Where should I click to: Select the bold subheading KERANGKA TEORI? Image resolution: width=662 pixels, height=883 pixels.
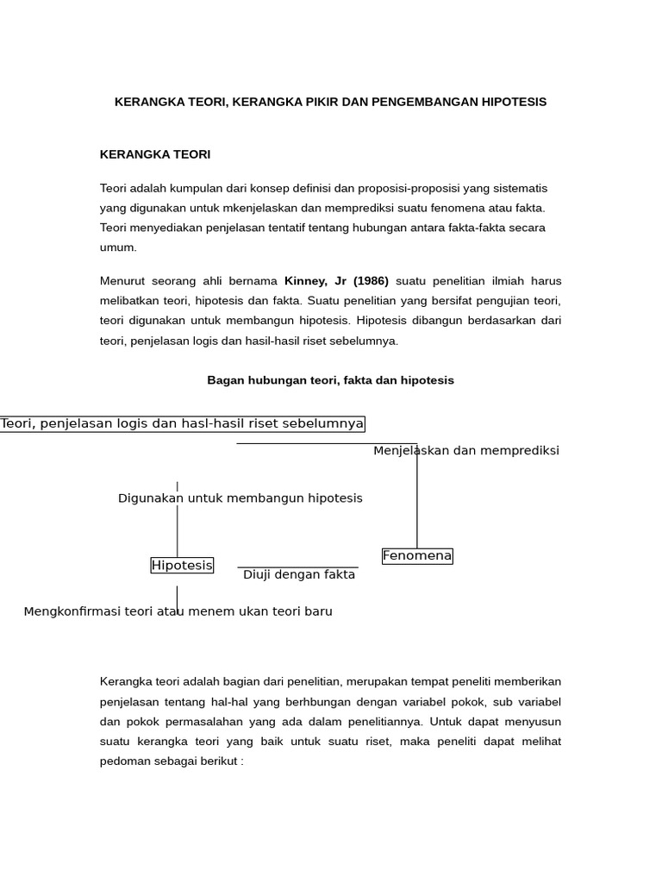click(x=155, y=154)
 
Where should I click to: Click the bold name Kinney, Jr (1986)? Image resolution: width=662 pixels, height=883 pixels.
click(x=336, y=281)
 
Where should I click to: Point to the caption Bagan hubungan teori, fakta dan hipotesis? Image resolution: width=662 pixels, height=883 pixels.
click(x=330, y=380)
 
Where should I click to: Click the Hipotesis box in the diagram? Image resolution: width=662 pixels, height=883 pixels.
click(x=182, y=566)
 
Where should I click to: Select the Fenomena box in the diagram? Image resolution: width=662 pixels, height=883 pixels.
click(x=417, y=556)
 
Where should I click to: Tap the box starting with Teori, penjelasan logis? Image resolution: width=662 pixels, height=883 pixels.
click(x=182, y=423)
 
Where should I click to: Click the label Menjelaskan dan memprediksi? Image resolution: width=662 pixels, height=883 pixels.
click(x=465, y=451)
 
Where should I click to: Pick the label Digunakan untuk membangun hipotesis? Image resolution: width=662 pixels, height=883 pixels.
click(x=240, y=498)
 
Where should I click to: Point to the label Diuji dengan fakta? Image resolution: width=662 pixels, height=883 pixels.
click(x=298, y=575)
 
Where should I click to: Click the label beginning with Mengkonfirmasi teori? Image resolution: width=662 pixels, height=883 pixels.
click(x=178, y=611)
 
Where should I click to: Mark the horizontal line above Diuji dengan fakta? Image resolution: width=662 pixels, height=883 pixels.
click(x=297, y=567)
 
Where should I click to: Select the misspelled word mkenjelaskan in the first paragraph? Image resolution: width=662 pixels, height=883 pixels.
click(x=264, y=208)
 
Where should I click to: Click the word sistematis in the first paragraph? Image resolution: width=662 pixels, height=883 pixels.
click(x=518, y=188)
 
